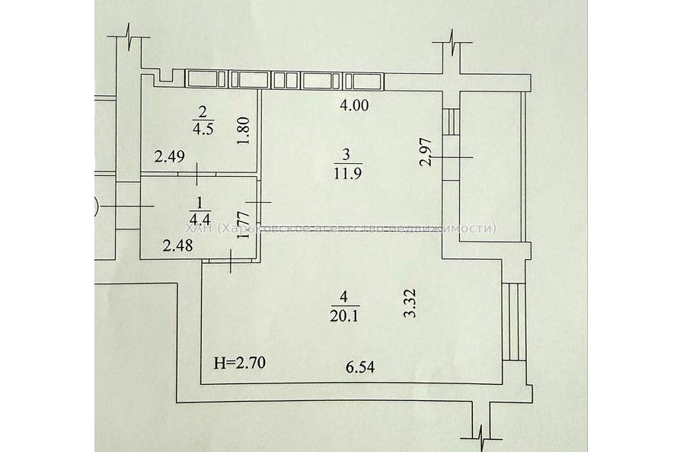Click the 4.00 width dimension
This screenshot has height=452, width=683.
coord(354,106)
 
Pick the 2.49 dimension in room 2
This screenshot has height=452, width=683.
coord(169,158)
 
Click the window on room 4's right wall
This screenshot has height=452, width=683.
coord(514,320)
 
